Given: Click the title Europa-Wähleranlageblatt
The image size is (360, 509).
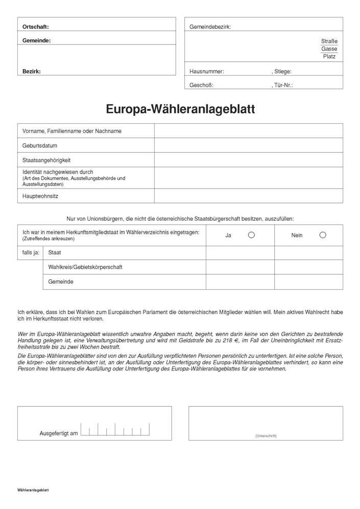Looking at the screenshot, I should point(180,109).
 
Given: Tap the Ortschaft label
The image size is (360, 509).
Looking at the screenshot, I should point(36,27).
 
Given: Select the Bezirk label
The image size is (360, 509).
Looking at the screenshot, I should point(32,72).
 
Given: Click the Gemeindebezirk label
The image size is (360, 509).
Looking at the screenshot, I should point(210,27).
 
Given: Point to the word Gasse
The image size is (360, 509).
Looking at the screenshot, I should point(329,49).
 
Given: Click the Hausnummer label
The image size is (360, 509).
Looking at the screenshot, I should point(206,72).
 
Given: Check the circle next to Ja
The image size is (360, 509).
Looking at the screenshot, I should point(251,235).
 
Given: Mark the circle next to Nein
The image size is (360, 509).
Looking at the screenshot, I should point(322,235).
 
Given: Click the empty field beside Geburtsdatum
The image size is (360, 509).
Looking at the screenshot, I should point(248,145).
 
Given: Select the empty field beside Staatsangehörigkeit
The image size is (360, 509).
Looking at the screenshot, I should point(248,160).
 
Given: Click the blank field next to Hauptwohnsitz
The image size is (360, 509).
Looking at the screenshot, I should point(248,196).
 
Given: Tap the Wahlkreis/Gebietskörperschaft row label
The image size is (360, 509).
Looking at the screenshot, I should point(85,267).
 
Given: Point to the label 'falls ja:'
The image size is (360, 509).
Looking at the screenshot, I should point(30,252).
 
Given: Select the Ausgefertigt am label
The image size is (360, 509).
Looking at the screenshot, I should point(59,433).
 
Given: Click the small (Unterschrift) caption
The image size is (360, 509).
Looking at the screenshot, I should point(266,435).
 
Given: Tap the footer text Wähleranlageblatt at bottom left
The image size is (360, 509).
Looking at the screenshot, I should point(33,490).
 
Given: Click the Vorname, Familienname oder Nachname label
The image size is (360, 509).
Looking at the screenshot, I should point(72,131).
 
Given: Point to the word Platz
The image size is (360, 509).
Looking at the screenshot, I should point(329,56).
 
